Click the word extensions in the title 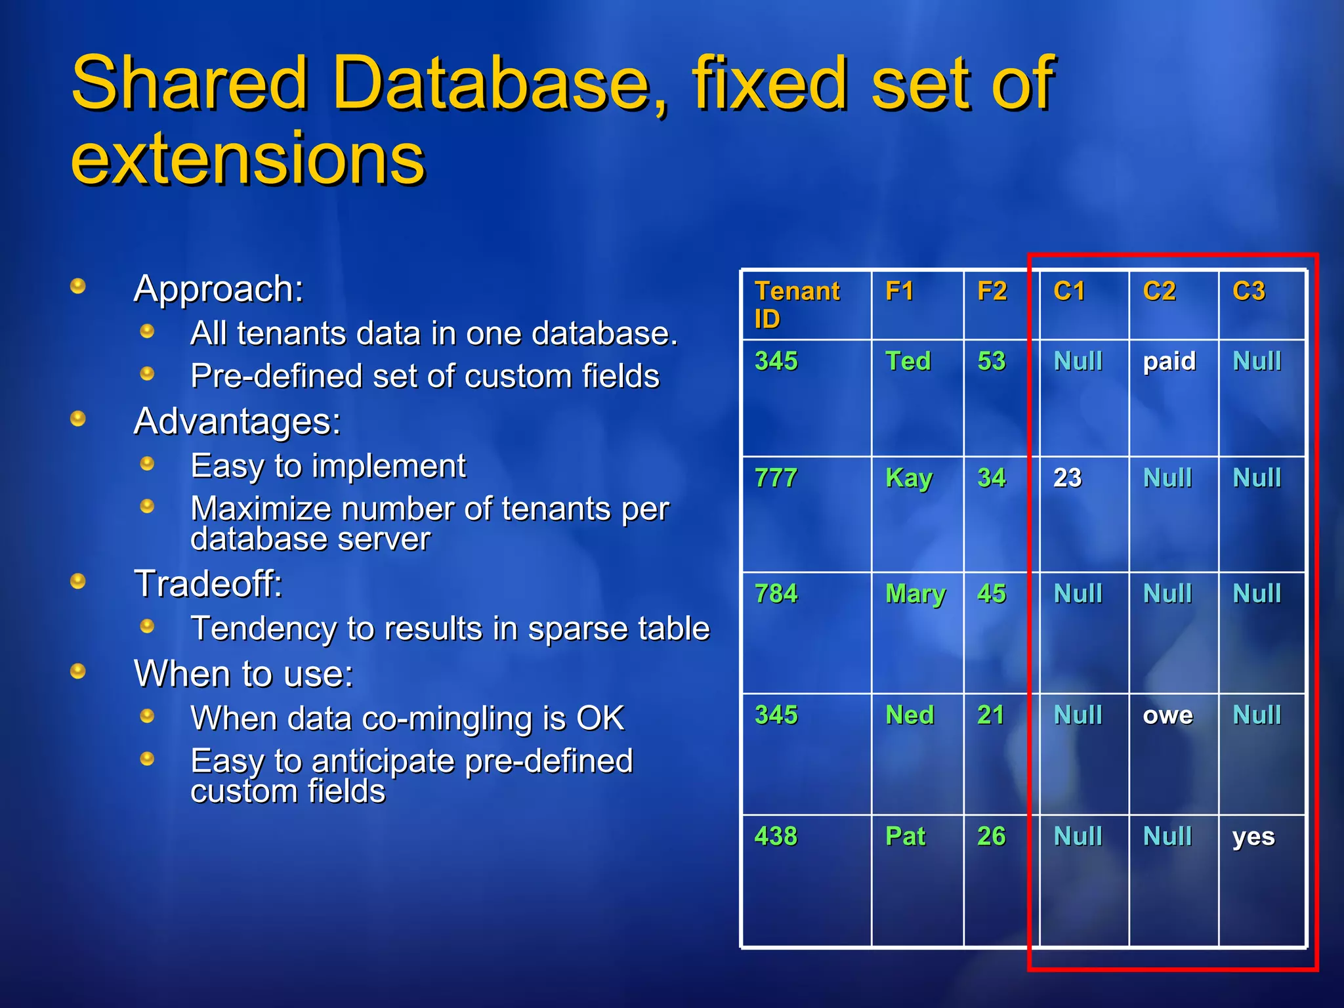tap(248, 159)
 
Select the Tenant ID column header tap(797, 304)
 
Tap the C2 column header tap(1159, 291)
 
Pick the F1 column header tap(899, 291)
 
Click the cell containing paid tap(1169, 362)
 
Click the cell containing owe tap(1167, 715)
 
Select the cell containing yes tap(1253, 837)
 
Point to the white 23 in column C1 tap(1067, 478)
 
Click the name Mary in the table tap(915, 595)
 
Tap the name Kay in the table tap(909, 478)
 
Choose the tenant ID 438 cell tap(776, 837)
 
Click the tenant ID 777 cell tap(776, 478)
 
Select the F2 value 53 tap(991, 362)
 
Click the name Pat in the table tap(905, 837)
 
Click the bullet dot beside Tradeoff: tap(78, 581)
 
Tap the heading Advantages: tap(237, 421)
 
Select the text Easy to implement tap(327, 467)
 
